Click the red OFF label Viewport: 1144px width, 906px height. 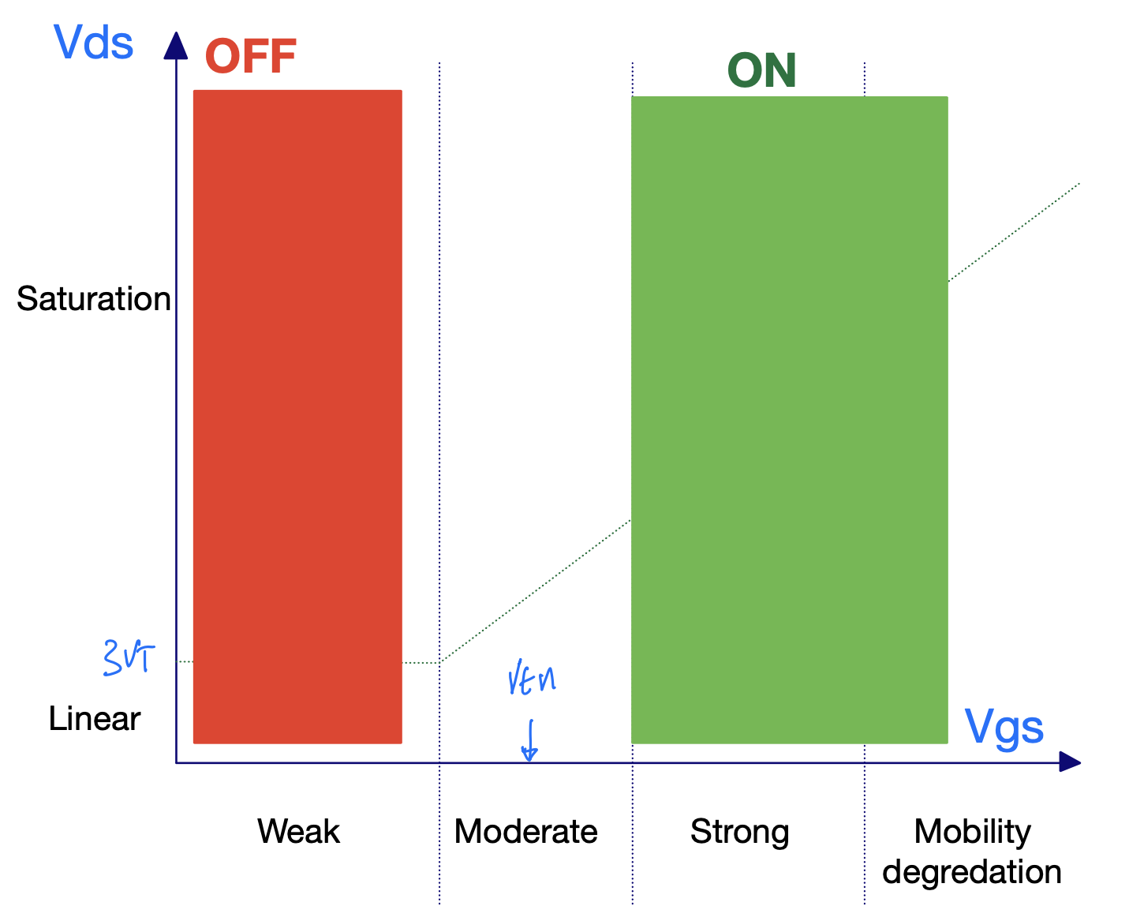250,56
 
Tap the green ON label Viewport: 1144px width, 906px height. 761,71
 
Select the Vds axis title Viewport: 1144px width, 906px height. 94,43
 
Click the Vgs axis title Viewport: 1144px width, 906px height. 1004,728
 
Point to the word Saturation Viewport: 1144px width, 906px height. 94,299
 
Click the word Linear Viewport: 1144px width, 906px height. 95,719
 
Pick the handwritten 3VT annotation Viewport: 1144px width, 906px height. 129,657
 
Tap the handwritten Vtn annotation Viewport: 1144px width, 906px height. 532,679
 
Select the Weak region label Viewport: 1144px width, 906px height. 298,832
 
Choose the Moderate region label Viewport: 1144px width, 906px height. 525,832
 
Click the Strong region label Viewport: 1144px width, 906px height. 739,832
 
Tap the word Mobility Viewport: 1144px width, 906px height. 972,831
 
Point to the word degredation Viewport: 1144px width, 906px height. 972,872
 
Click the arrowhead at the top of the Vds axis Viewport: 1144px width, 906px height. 176,45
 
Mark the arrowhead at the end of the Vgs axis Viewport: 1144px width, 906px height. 1069,762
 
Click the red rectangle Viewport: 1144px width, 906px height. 297,417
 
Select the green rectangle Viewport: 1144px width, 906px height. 789,420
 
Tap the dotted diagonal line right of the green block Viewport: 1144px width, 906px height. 1014,232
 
